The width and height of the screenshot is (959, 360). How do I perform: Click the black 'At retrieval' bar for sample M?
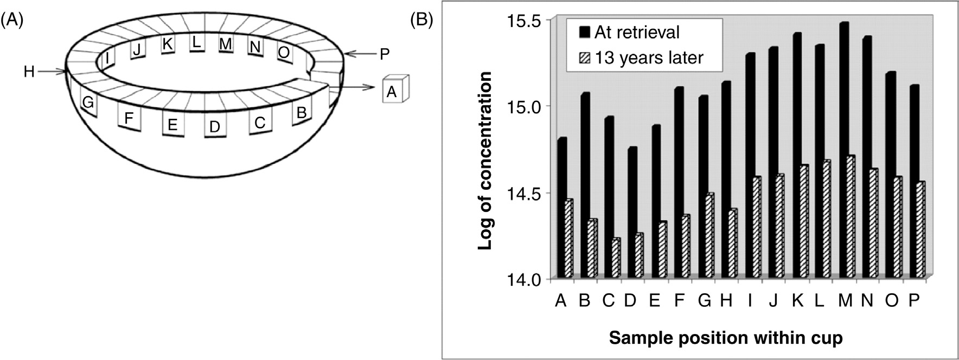click(x=843, y=152)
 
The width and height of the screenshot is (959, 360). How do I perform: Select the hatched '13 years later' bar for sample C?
click(x=616, y=259)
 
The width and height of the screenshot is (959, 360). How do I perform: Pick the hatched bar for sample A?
click(x=568, y=239)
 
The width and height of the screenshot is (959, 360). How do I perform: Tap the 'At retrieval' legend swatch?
click(x=584, y=32)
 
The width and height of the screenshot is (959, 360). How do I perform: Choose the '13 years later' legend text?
click(x=649, y=57)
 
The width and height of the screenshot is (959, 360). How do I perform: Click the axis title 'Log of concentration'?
click(x=485, y=160)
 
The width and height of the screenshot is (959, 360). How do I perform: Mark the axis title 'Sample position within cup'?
click(x=726, y=338)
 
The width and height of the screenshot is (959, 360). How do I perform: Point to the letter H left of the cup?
click(x=29, y=71)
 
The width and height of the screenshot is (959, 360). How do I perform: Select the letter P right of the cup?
click(x=384, y=54)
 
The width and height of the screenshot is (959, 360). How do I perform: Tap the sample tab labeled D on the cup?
click(x=215, y=127)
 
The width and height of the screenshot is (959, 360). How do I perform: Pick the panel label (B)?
click(x=421, y=20)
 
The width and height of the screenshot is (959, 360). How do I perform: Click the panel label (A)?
click(x=12, y=20)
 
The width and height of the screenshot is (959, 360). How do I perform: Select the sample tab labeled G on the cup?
click(x=88, y=102)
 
